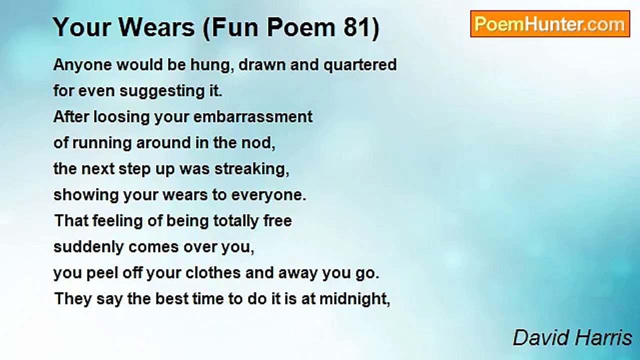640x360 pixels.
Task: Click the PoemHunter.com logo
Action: [x=550, y=23]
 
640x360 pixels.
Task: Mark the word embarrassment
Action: [x=252, y=117]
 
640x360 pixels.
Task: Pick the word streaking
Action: [x=252, y=169]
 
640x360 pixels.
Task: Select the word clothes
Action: [x=205, y=273]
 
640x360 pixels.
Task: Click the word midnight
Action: [x=354, y=299]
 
